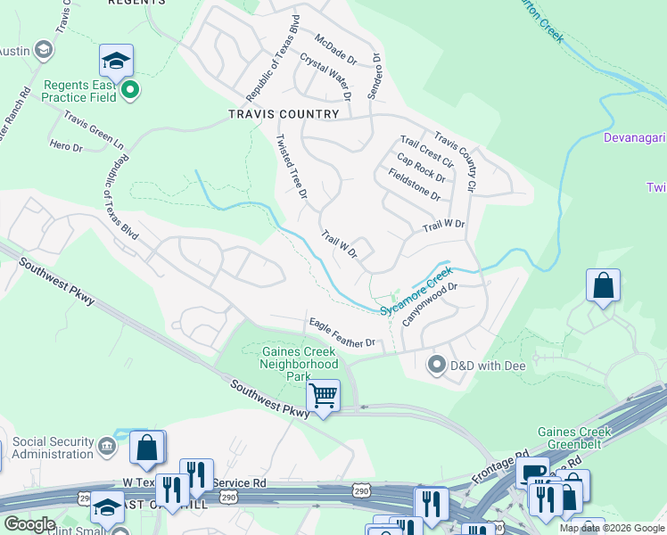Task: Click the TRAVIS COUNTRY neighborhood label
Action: click(284, 114)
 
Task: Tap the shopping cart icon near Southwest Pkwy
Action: click(323, 393)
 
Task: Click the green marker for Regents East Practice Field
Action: click(129, 89)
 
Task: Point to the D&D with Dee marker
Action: click(437, 365)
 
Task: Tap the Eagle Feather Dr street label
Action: click(341, 332)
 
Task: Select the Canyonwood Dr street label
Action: click(428, 304)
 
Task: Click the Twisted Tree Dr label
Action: click(292, 166)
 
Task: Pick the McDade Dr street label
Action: click(336, 50)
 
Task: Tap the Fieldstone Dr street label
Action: click(415, 184)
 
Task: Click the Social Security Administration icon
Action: click(106, 444)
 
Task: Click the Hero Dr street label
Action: click(66, 145)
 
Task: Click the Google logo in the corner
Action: click(29, 524)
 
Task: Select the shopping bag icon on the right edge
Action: click(604, 286)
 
